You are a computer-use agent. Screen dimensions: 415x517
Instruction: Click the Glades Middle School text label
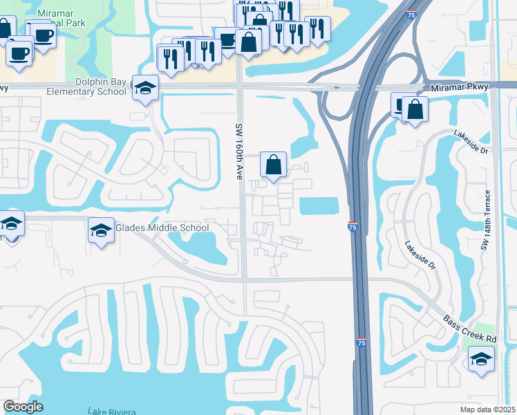(x=162, y=228)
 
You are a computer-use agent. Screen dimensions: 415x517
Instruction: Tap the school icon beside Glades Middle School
(x=101, y=230)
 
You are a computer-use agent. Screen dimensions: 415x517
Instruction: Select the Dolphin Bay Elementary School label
(x=87, y=86)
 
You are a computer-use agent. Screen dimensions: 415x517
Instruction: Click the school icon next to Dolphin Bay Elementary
(x=145, y=88)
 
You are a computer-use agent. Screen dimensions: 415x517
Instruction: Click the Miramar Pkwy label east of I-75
(x=459, y=86)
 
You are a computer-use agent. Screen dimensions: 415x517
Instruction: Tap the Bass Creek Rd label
(x=471, y=330)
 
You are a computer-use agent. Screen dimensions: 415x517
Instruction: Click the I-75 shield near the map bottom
(x=361, y=342)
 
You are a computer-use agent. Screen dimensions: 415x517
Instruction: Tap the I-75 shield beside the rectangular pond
(x=352, y=226)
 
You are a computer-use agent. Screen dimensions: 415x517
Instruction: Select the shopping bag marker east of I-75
(x=415, y=110)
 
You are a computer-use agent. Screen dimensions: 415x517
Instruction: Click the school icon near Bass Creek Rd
(x=481, y=359)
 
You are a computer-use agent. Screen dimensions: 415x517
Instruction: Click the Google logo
(x=23, y=407)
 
